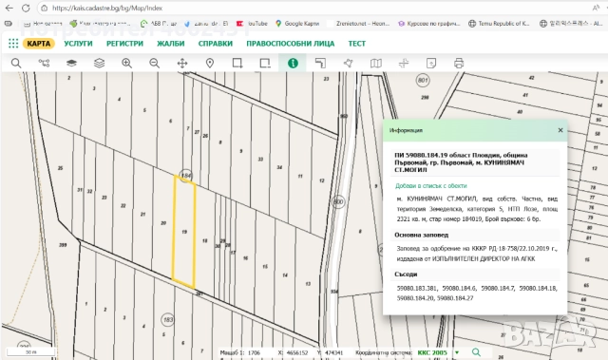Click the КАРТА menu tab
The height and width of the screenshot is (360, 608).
[x=38, y=44]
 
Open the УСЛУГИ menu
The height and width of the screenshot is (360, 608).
[x=80, y=44]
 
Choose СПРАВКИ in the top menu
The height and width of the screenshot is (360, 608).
[x=216, y=44]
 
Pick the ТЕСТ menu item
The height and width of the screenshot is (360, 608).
[x=357, y=44]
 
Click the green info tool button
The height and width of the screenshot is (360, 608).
[x=294, y=63]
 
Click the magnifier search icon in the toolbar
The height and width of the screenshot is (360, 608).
[x=15, y=63]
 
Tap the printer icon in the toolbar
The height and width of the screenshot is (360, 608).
[x=459, y=63]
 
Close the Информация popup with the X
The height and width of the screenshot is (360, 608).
[x=560, y=129]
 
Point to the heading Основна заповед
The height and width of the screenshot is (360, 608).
[x=421, y=234]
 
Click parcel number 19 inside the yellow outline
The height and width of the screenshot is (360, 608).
[x=183, y=231]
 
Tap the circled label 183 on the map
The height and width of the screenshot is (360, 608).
[x=168, y=320]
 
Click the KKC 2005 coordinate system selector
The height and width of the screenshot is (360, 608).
[x=432, y=351]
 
